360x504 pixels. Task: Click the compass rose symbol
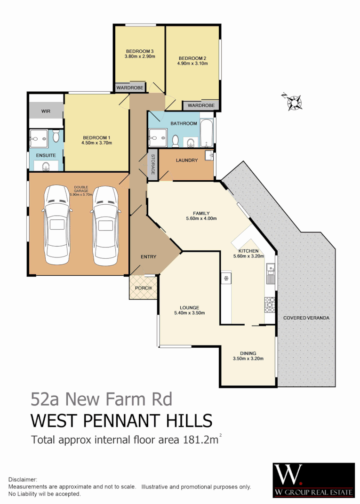pos(294,101)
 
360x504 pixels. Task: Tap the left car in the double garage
pos(58,225)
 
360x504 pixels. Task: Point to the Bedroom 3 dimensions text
pos(140,56)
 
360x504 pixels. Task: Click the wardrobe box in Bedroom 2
pos(201,105)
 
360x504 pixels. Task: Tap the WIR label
pos(46,111)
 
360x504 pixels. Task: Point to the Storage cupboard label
pos(153,165)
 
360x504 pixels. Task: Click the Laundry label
pos(186,160)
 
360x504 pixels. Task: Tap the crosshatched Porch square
pos(143,288)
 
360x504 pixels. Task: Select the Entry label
pos(149,256)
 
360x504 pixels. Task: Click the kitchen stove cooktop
pos(270,305)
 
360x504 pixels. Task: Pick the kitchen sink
pos(270,274)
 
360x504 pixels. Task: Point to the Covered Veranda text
pos(306,318)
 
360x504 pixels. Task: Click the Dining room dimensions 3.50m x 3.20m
pos(248,359)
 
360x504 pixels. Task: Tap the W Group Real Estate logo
pos(313,480)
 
